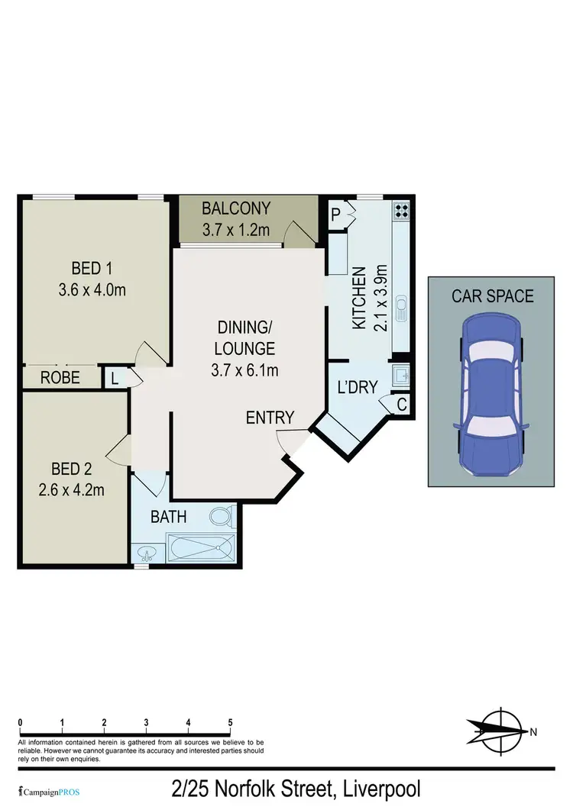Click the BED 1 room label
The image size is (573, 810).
click(92, 268)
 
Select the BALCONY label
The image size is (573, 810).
click(236, 208)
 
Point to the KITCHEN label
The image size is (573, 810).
click(357, 298)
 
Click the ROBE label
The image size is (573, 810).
click(60, 377)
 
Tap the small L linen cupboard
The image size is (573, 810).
click(114, 377)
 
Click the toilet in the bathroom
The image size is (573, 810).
click(222, 518)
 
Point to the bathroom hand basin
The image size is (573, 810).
click(145, 553)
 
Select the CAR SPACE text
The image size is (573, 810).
click(492, 295)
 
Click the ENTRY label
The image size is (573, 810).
click(270, 418)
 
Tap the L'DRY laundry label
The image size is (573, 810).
click(358, 387)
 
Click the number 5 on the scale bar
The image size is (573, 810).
click(230, 722)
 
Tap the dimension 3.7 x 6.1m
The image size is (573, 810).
click(245, 372)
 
